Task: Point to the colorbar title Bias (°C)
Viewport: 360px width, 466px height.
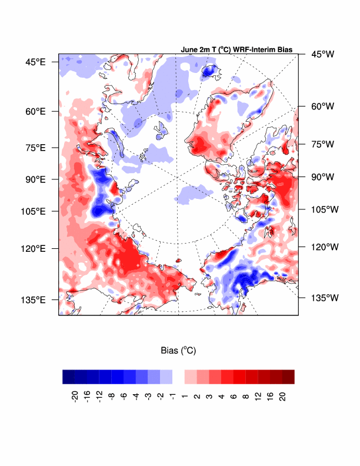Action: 178,351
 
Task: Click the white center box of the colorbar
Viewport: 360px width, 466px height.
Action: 178,377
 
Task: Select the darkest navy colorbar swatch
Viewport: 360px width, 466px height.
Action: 69,377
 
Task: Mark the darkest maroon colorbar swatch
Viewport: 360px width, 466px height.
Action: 288,377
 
